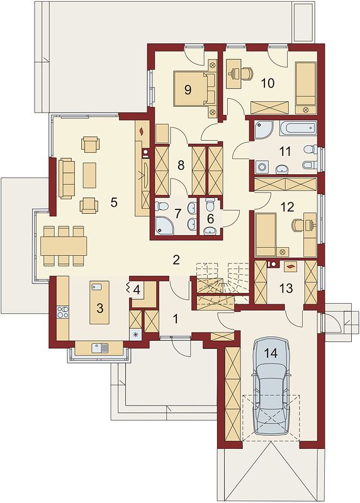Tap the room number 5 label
pos(114,202)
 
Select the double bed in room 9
pos(194,89)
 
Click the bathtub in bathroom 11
pos(298,129)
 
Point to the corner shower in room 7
pos(164,224)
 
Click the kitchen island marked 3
pos(99,302)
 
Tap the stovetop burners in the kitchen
pos(63,312)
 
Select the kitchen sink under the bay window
pos(100,348)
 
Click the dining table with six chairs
pos(64,246)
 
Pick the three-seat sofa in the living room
pos(67,179)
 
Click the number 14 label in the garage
pos(271,353)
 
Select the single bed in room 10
pos(306,88)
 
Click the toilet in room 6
pos(210,204)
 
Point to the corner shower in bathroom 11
pos(264,130)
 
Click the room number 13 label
pos(286,289)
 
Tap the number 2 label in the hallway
pos(176,260)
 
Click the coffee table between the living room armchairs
pos(89,175)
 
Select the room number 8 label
pos(181,165)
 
